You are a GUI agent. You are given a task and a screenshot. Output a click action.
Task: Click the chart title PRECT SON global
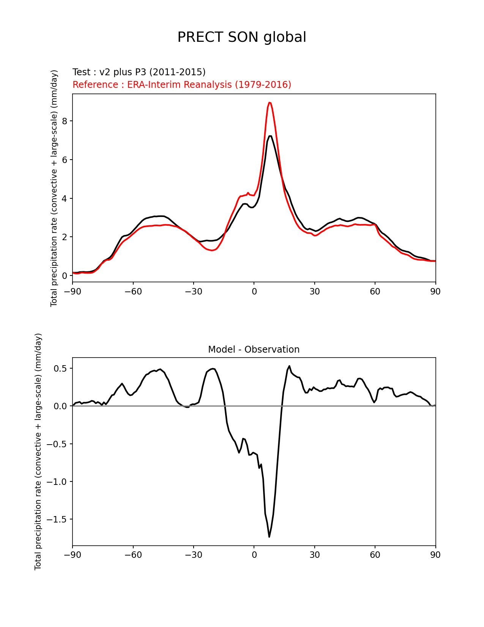point(242,37)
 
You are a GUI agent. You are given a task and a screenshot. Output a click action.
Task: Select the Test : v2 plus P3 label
point(139,72)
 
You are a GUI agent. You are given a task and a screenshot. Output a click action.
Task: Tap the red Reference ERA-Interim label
point(182,85)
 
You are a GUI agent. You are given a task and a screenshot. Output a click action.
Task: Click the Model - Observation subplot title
point(254,350)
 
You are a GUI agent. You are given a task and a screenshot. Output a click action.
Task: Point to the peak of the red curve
point(269,103)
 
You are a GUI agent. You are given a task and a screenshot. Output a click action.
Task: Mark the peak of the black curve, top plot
point(270,136)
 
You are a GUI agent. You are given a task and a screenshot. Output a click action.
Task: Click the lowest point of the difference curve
point(269,537)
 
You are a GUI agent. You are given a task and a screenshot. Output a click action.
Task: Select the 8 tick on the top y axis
point(65,121)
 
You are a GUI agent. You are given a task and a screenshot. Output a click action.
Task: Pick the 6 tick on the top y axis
point(65,160)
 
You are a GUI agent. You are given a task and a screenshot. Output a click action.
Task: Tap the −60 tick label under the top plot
point(133,291)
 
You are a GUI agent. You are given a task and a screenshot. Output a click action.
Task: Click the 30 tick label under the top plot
point(314,291)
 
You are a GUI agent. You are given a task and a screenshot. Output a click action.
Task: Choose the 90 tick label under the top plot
point(435,291)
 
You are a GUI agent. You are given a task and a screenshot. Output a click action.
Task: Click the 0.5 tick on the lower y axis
point(60,369)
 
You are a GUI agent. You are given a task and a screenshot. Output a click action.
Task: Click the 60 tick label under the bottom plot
point(375,555)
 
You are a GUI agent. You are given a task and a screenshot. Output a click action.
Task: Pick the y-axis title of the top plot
point(54,188)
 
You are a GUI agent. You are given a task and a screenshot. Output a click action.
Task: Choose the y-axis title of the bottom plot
point(38,451)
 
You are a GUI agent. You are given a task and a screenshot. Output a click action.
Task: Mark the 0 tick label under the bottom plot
point(254,555)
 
